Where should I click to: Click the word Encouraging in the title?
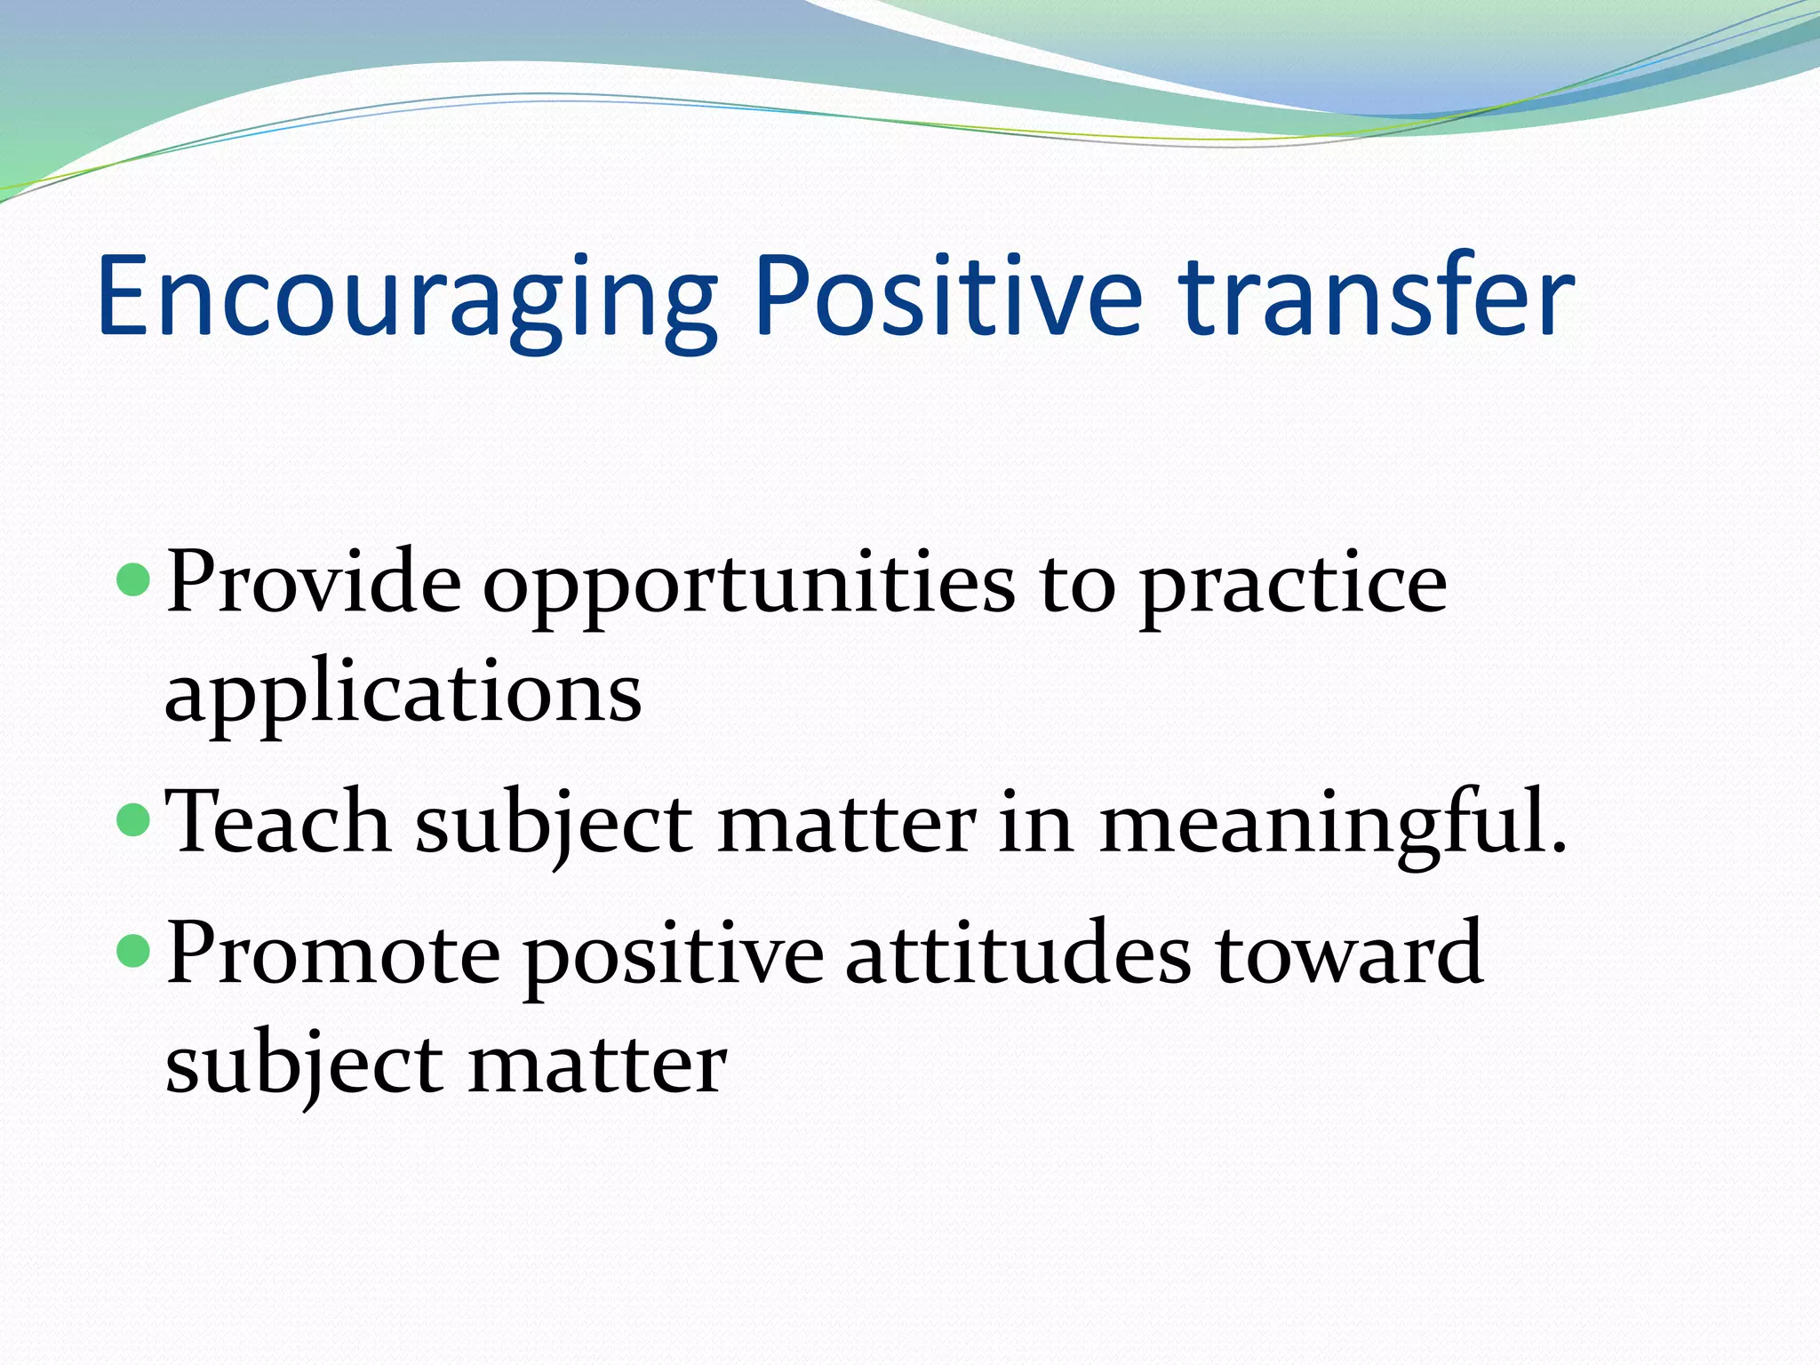(404, 298)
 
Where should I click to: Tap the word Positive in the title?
(946, 298)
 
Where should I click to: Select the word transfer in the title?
(1377, 298)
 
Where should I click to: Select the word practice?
(1293, 587)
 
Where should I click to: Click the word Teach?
(277, 822)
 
